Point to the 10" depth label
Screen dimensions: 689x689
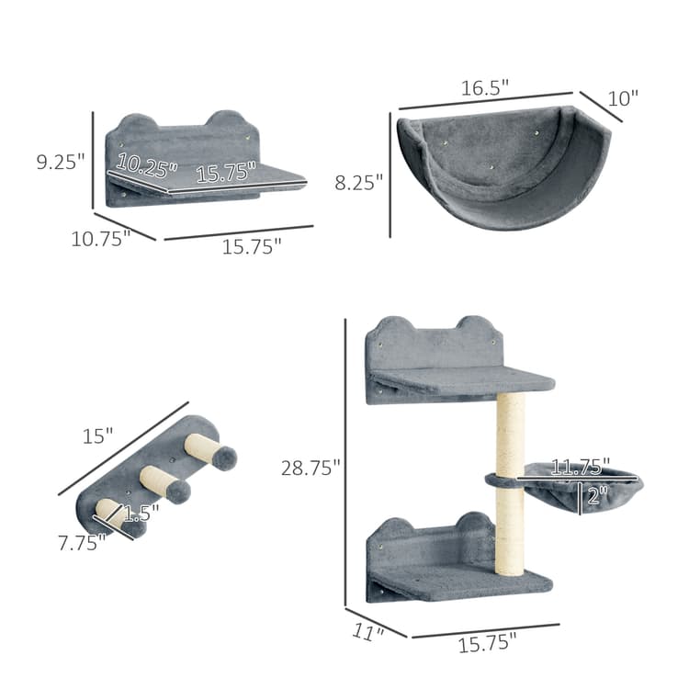point(622,98)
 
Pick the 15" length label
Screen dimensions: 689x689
point(96,435)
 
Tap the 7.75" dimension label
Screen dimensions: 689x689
point(78,542)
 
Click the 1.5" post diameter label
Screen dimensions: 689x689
point(141,513)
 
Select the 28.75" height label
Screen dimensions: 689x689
point(311,468)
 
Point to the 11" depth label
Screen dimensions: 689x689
point(366,632)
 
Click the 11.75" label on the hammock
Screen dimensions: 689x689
point(576,468)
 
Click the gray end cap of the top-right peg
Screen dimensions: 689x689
point(224,457)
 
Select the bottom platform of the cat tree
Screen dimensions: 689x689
point(464,580)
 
